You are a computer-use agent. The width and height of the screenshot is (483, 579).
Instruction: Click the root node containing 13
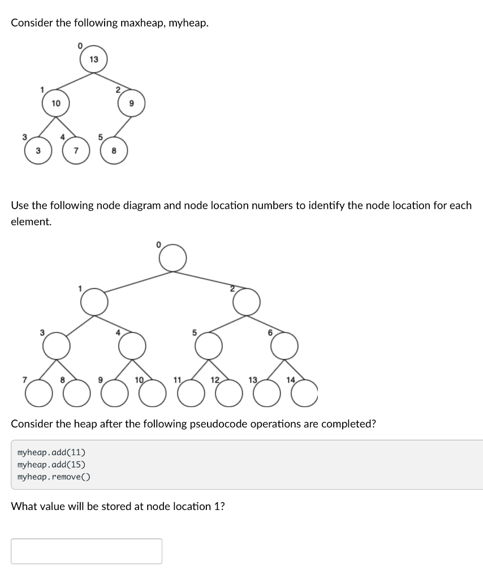pyautogui.click(x=94, y=59)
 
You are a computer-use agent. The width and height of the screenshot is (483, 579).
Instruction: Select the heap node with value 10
pyautogui.click(x=55, y=103)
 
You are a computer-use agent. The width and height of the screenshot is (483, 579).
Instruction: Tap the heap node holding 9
pyautogui.click(x=131, y=103)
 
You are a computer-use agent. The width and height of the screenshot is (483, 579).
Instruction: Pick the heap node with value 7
pyautogui.click(x=75, y=150)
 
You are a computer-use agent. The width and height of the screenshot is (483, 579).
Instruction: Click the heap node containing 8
pyautogui.click(x=114, y=150)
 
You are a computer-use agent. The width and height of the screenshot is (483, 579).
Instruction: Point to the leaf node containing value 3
pyautogui.click(x=37, y=150)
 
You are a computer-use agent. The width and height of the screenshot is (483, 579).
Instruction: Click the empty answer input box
pyautogui.click(x=87, y=551)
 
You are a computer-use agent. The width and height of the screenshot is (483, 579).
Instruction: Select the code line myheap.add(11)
pyautogui.click(x=51, y=452)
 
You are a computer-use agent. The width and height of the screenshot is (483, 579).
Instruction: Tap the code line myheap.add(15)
pyautogui.click(x=51, y=464)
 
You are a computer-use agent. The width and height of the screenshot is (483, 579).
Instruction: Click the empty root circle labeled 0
pyautogui.click(x=172, y=258)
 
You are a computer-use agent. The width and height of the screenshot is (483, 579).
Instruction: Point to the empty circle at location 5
pyautogui.click(x=209, y=345)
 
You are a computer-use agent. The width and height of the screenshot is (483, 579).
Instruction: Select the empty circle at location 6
pyautogui.click(x=284, y=345)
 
